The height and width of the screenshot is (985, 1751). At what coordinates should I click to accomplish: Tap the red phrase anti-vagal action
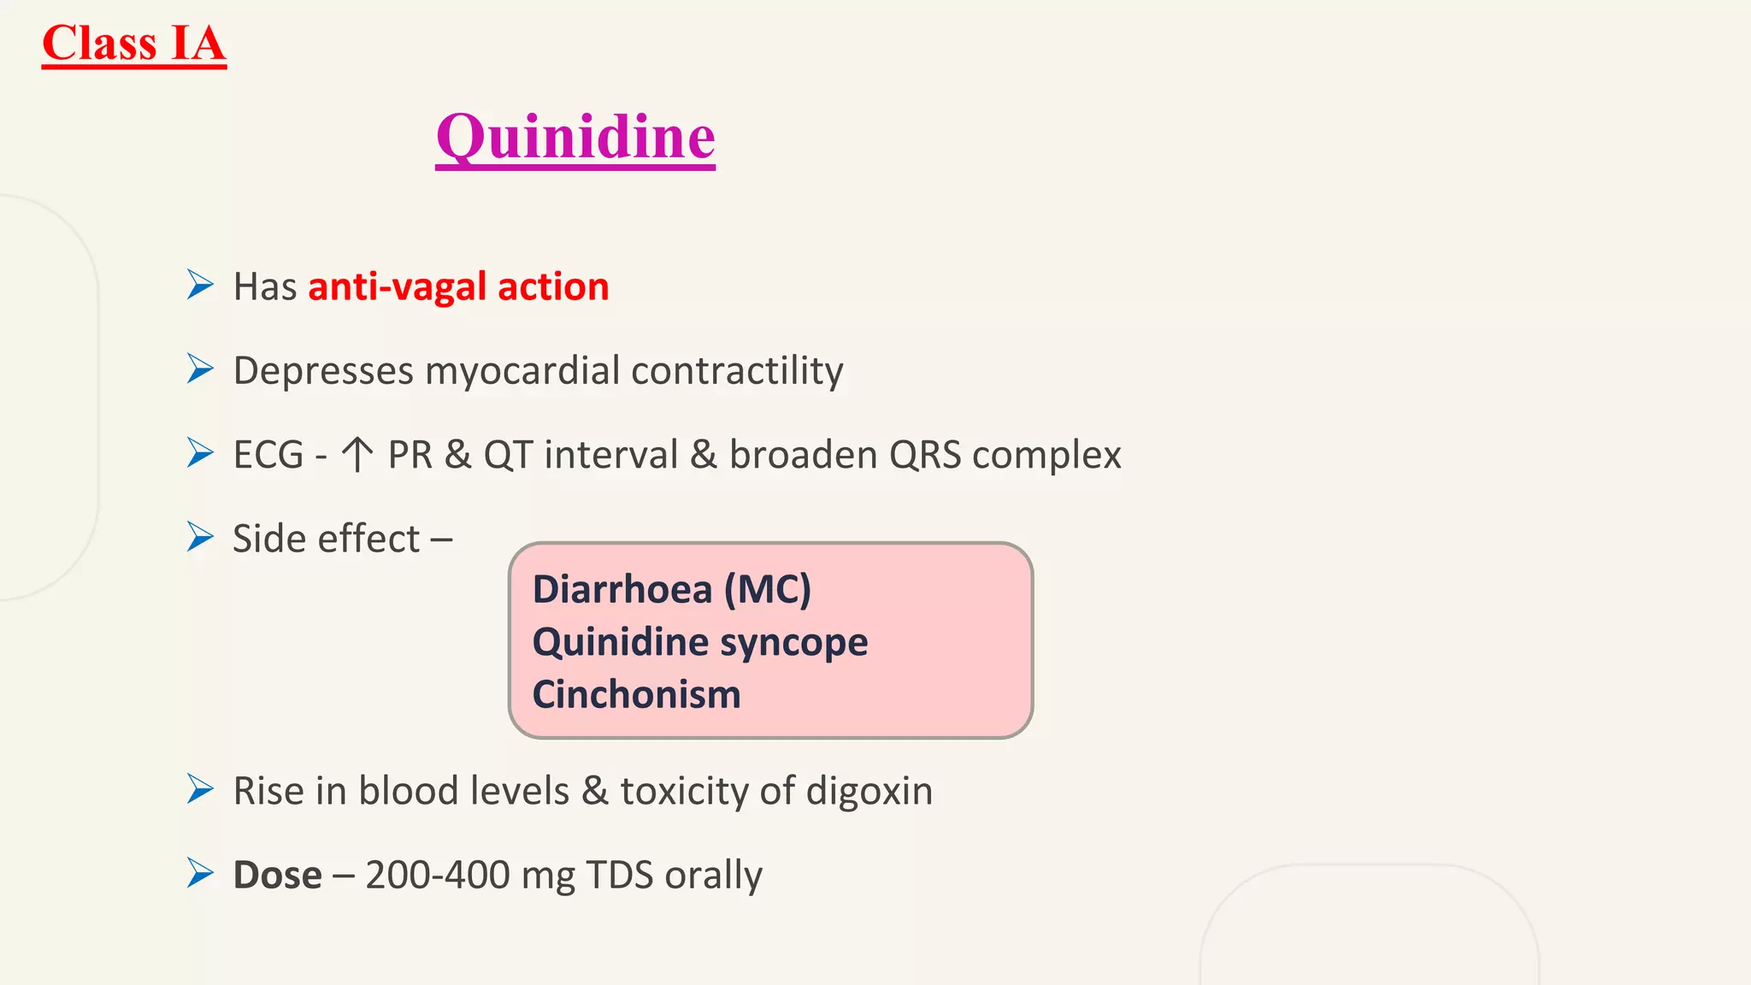(458, 286)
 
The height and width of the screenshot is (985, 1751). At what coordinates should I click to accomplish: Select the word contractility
(737, 371)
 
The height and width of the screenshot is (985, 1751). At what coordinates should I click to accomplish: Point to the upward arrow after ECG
(357, 455)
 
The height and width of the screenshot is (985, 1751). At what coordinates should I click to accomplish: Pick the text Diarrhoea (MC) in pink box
(671, 589)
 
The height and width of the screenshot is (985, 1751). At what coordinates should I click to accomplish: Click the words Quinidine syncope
(699, 642)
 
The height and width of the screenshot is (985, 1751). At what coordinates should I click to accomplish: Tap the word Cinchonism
(636, 694)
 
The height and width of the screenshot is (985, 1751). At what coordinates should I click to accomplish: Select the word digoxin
(869, 791)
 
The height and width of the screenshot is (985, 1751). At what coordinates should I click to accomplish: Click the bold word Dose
(277, 875)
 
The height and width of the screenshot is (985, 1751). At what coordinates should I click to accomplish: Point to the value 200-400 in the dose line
(438, 875)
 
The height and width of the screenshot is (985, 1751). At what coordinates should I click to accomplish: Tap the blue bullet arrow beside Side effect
(200, 537)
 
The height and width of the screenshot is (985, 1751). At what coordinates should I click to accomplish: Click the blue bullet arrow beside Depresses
(200, 369)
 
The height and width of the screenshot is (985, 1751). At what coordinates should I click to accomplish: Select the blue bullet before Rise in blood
(200, 789)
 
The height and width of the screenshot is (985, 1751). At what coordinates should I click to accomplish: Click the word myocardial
(522, 371)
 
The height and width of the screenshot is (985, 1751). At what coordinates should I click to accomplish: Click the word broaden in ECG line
(803, 455)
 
